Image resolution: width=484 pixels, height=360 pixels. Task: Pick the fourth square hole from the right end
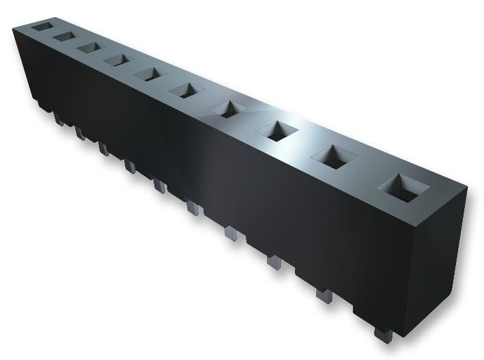pos(231,109)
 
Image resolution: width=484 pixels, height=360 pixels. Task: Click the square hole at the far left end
pos(40,26)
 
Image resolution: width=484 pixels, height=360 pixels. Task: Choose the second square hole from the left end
pos(64,36)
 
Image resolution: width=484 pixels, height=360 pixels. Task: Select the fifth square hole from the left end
pos(148,73)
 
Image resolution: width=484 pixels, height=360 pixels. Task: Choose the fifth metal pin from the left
pos(159,184)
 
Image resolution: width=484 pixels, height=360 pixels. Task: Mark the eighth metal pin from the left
pos(274,262)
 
